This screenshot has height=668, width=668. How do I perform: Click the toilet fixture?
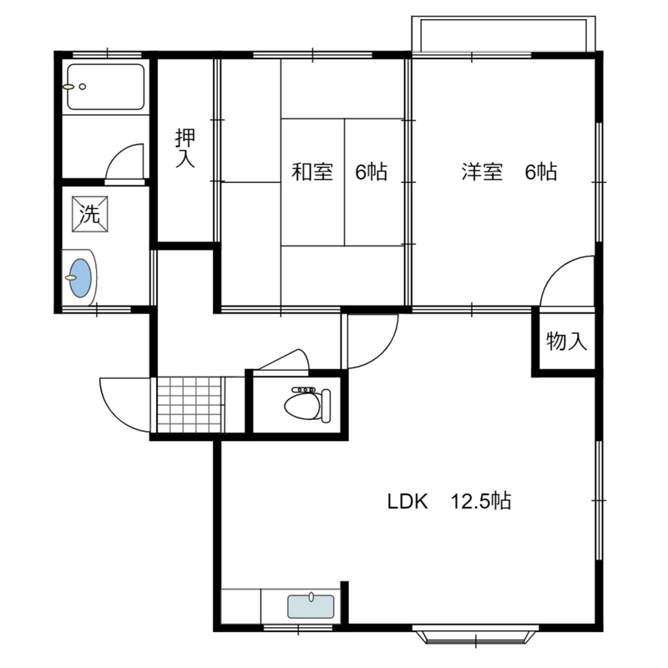(x=307, y=404)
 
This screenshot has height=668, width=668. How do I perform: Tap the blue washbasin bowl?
(x=80, y=278)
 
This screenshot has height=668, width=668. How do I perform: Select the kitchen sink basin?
(x=311, y=606)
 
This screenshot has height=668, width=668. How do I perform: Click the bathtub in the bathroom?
(x=106, y=87)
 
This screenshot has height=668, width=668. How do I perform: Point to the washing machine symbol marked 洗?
(x=90, y=214)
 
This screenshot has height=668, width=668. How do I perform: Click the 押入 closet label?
(x=185, y=149)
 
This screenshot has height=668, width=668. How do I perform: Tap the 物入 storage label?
(x=567, y=342)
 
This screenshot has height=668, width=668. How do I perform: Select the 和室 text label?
(x=312, y=172)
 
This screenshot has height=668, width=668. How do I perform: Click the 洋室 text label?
(x=482, y=172)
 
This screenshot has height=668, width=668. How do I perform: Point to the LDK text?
(x=407, y=502)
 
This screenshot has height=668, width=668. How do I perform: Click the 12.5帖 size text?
(x=481, y=501)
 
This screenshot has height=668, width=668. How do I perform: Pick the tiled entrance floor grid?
(x=190, y=404)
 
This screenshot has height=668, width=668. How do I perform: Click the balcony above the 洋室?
(x=504, y=34)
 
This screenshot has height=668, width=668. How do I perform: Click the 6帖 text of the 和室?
(x=371, y=172)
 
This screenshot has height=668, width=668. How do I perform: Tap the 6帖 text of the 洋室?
(x=540, y=172)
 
